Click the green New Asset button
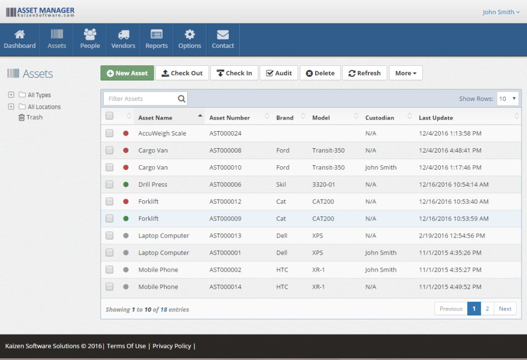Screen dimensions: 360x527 tap(127, 73)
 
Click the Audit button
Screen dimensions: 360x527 tap(279, 73)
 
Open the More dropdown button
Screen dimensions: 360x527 tap(406, 73)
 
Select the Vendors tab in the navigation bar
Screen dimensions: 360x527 tap(123, 40)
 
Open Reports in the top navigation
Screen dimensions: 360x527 tap(156, 40)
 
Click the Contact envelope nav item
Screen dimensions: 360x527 tap(223, 40)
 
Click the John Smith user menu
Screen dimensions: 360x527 tap(501, 12)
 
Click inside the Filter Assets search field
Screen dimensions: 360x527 tap(141, 99)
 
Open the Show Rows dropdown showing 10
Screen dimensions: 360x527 tap(507, 99)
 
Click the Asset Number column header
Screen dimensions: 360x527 tap(229, 117)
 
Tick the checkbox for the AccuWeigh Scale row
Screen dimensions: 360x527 tap(110, 133)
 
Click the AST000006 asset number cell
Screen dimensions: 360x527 tap(225, 184)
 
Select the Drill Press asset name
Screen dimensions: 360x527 tap(153, 184)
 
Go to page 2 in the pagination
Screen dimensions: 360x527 tap(487, 308)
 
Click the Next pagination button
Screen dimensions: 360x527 tap(505, 308)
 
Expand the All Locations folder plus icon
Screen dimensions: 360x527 tap(11, 106)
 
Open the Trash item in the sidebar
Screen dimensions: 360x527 tap(34, 117)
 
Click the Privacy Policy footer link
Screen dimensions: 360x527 tap(171, 346)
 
